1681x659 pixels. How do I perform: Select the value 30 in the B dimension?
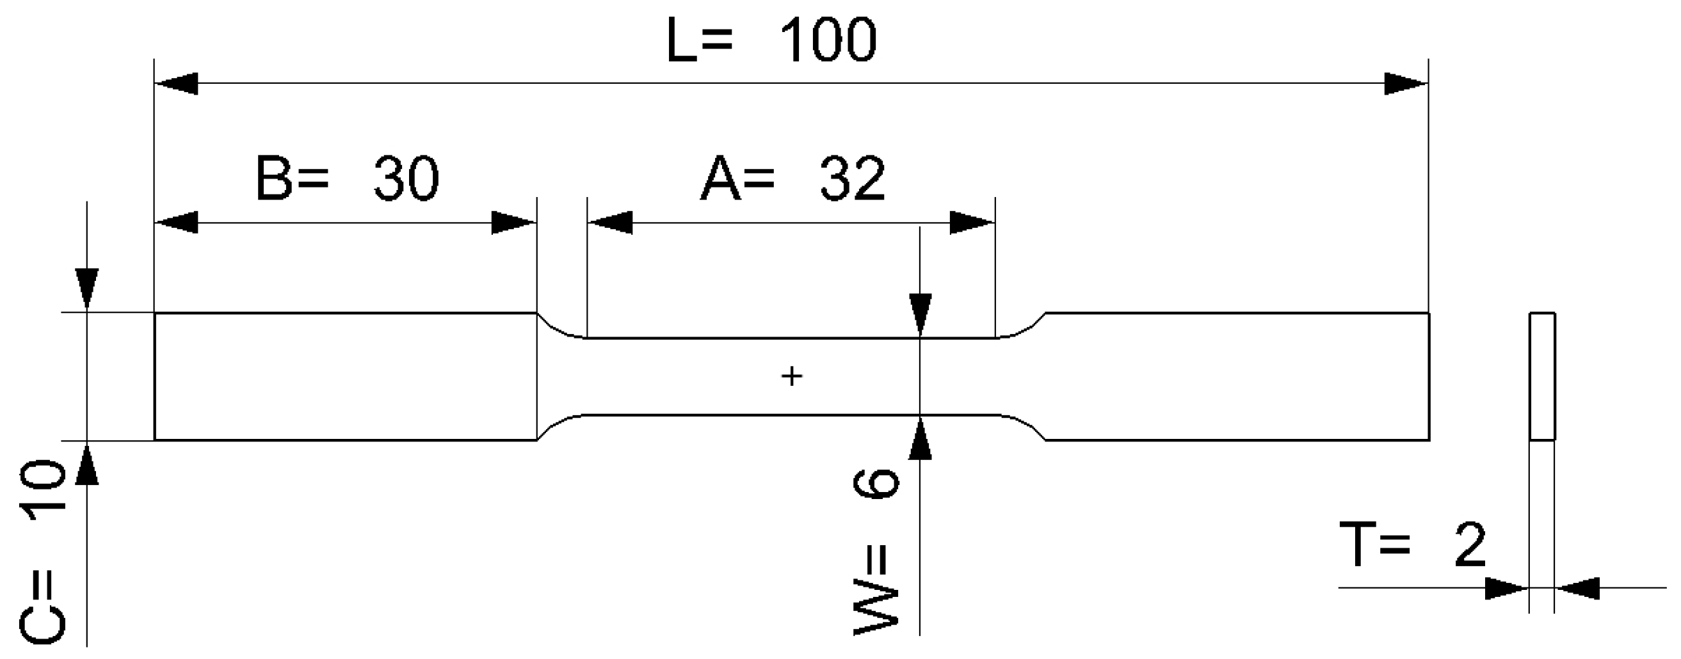(x=406, y=179)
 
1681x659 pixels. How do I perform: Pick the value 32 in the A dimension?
(x=852, y=179)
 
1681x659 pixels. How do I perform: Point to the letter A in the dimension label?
(x=720, y=179)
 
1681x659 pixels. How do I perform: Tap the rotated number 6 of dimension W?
(x=876, y=483)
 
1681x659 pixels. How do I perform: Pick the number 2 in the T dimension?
(x=1470, y=545)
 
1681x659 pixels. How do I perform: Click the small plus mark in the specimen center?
(x=792, y=376)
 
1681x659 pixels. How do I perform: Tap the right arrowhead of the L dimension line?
(x=1406, y=84)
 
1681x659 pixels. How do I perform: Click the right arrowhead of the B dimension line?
(x=513, y=223)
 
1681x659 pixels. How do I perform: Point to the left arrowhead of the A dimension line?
(x=610, y=223)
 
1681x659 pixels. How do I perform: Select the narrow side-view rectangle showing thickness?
(x=1542, y=376)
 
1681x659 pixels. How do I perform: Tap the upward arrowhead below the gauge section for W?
(x=920, y=438)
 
